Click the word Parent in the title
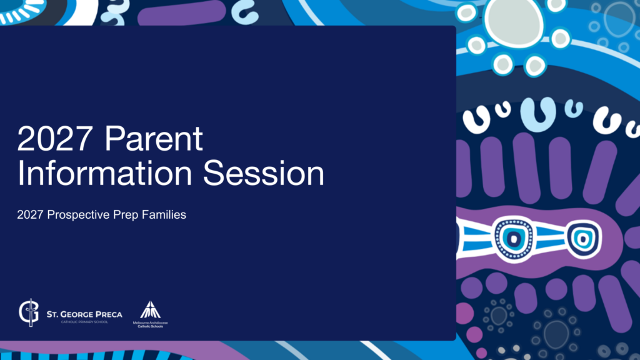[x=154, y=138]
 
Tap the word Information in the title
[x=104, y=173]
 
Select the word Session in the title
[x=264, y=173]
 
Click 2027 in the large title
[x=55, y=138]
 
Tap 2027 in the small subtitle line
[x=30, y=215]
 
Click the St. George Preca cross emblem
[x=29, y=312]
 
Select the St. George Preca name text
[x=84, y=314]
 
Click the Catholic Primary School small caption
[x=84, y=322]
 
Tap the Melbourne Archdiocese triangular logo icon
[x=150, y=310]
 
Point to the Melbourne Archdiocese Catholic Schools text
[x=150, y=324]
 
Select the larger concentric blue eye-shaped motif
[x=514, y=238]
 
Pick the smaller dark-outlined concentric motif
[x=584, y=239]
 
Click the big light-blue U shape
[x=538, y=115]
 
